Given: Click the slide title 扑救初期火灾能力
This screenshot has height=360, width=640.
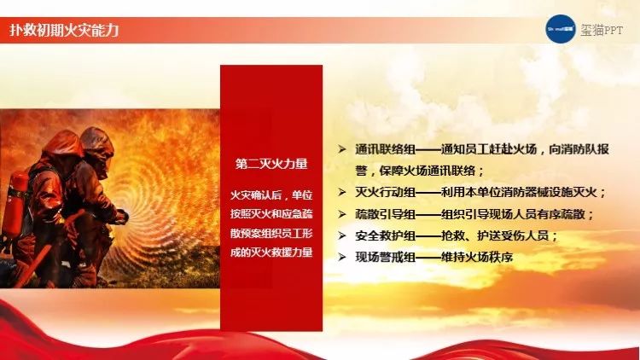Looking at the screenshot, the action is (64, 30).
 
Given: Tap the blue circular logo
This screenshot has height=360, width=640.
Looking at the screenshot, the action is (561, 28).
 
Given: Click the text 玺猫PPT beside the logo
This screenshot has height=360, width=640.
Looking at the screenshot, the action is (602, 30).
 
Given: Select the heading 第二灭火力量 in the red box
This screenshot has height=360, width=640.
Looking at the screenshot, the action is (271, 164).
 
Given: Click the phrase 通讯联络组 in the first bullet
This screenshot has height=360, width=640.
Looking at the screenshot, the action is (386, 149).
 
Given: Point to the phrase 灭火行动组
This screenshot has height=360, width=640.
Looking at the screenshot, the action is (386, 192).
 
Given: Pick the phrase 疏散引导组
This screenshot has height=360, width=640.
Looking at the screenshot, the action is (386, 214).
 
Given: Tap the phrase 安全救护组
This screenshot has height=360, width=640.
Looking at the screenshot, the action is (386, 235).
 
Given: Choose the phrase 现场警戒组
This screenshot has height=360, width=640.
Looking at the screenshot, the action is (386, 257).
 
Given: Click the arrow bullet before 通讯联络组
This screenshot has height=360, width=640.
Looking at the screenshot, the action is (342, 149).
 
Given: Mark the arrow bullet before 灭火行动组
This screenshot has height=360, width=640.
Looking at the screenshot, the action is (342, 192).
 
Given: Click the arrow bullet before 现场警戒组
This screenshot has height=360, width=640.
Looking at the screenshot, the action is (342, 257).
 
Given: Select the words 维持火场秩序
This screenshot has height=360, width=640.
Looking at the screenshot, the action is (477, 257).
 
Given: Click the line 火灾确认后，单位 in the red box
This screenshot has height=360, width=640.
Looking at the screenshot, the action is (271, 195).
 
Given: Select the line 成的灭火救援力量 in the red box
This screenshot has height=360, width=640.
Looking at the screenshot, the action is (271, 253).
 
